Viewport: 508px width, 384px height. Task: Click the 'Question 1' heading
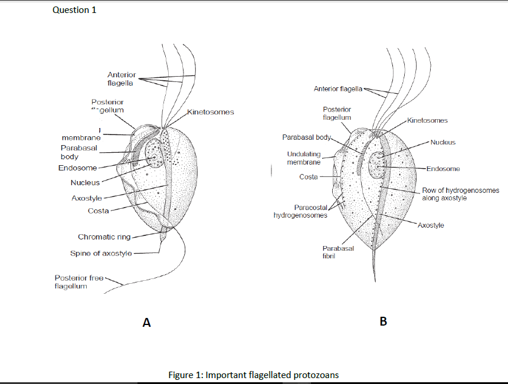[74, 9]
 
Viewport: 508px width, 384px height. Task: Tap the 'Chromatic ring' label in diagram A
[104, 237]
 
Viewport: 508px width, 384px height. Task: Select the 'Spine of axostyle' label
[101, 254]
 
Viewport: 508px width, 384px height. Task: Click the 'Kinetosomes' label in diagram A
[211, 111]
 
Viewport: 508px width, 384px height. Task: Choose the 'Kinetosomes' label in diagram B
[427, 120]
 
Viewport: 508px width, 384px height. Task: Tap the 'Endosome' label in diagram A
[77, 168]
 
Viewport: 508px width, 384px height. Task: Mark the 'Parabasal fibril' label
[337, 252]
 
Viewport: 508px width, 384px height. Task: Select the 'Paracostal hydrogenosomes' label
[300, 211]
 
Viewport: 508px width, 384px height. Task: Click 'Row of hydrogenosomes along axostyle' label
[460, 194]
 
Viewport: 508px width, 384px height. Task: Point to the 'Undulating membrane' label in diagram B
[304, 158]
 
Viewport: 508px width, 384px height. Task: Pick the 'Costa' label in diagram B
[309, 177]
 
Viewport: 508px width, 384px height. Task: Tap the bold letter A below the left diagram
[147, 323]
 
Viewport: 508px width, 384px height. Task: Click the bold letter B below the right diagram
[384, 321]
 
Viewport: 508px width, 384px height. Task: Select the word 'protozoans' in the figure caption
[316, 375]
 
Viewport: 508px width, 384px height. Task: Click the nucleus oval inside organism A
[155, 153]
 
